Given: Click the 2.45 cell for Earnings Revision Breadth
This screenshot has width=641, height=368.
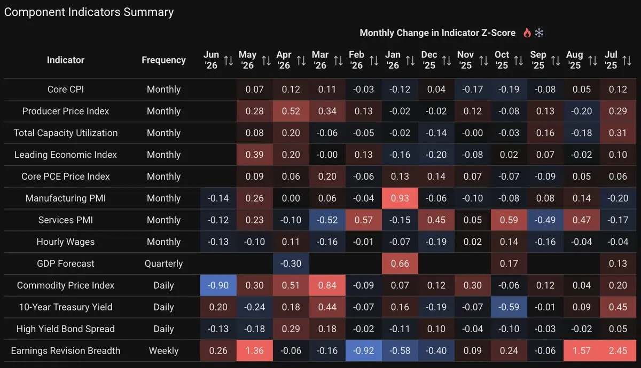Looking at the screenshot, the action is [x=618, y=350].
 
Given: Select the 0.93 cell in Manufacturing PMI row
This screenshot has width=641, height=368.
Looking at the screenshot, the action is [x=400, y=198].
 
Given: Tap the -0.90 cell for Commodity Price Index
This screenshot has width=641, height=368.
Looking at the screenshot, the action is [x=218, y=285].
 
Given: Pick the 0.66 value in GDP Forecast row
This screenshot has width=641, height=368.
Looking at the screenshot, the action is [x=400, y=263].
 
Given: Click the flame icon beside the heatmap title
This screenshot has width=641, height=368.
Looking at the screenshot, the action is [x=527, y=33].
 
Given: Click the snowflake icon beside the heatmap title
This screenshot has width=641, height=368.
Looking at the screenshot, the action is [x=539, y=33].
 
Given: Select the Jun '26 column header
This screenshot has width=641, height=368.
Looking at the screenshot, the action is [x=211, y=60].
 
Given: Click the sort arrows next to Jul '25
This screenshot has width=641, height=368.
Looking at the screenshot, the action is [x=627, y=61].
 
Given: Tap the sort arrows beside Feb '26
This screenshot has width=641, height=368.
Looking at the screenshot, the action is [x=374, y=61].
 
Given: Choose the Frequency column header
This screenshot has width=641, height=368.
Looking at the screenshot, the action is [x=163, y=60].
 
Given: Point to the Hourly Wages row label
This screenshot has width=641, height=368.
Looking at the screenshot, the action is [x=66, y=242].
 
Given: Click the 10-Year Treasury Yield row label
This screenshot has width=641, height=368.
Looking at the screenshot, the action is [x=66, y=307].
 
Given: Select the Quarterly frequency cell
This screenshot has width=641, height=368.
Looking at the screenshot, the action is [x=163, y=263].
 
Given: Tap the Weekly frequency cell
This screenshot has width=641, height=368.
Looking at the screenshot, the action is [x=163, y=350].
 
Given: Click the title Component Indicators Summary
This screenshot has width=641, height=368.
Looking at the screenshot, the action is [x=89, y=12].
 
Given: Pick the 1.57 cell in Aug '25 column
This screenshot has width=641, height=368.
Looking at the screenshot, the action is [x=582, y=350].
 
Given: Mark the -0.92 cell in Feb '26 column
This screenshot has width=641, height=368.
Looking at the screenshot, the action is [x=363, y=350].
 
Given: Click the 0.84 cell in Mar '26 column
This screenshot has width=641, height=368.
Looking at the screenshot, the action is [x=327, y=285].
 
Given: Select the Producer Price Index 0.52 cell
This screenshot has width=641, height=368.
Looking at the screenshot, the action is [x=291, y=111].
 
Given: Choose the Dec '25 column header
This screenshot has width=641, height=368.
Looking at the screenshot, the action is [x=429, y=60].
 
